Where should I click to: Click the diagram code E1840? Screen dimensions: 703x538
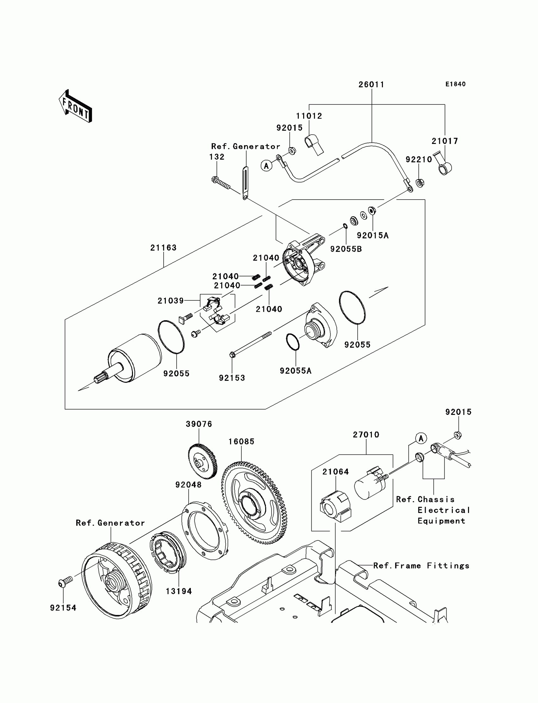click(455, 84)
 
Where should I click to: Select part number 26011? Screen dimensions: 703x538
click(371, 84)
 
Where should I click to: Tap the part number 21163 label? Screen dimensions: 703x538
click(163, 248)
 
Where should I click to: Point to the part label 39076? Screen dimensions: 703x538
click(199, 424)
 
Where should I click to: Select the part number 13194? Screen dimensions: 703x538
click(179, 591)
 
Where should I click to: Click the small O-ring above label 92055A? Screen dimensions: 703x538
click(293, 342)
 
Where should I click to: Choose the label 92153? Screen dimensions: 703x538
click(232, 378)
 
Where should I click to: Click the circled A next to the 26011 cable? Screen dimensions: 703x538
click(266, 165)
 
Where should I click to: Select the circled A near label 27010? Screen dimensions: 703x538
click(421, 438)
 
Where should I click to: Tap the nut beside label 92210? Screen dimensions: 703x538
click(420, 183)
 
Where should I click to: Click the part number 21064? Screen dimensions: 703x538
click(335, 471)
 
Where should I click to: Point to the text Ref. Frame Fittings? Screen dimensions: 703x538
click(421, 566)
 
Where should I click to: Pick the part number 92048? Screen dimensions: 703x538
click(188, 485)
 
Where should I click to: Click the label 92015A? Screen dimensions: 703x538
click(372, 236)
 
